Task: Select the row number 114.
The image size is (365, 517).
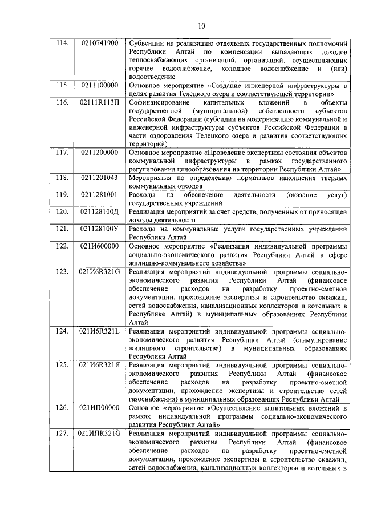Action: click(x=60, y=43)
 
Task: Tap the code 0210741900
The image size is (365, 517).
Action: click(x=100, y=43)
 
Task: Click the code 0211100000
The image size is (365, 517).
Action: click(x=100, y=85)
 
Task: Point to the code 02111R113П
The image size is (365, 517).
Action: click(x=100, y=102)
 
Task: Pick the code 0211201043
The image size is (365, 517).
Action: click(x=100, y=178)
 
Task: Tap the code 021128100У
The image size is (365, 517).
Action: click(x=100, y=229)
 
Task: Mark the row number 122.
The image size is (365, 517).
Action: click(x=61, y=246)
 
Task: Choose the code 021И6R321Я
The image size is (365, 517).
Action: click(x=100, y=364)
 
